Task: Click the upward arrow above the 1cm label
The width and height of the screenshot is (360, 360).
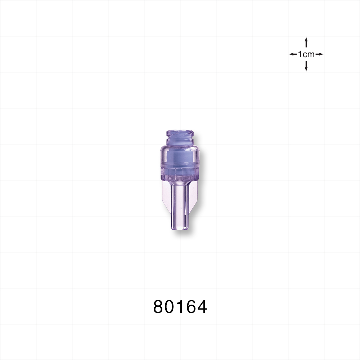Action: (x=306, y=42)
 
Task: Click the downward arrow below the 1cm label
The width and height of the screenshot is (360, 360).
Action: (x=306, y=66)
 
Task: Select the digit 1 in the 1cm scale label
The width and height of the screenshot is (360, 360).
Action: (x=300, y=54)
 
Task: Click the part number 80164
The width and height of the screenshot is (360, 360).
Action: (x=180, y=307)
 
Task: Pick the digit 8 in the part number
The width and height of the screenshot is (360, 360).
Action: (x=159, y=307)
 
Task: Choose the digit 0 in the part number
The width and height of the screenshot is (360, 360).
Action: (x=170, y=307)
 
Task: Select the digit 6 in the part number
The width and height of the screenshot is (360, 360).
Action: (x=190, y=307)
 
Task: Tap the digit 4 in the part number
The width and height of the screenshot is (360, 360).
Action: (x=202, y=307)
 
